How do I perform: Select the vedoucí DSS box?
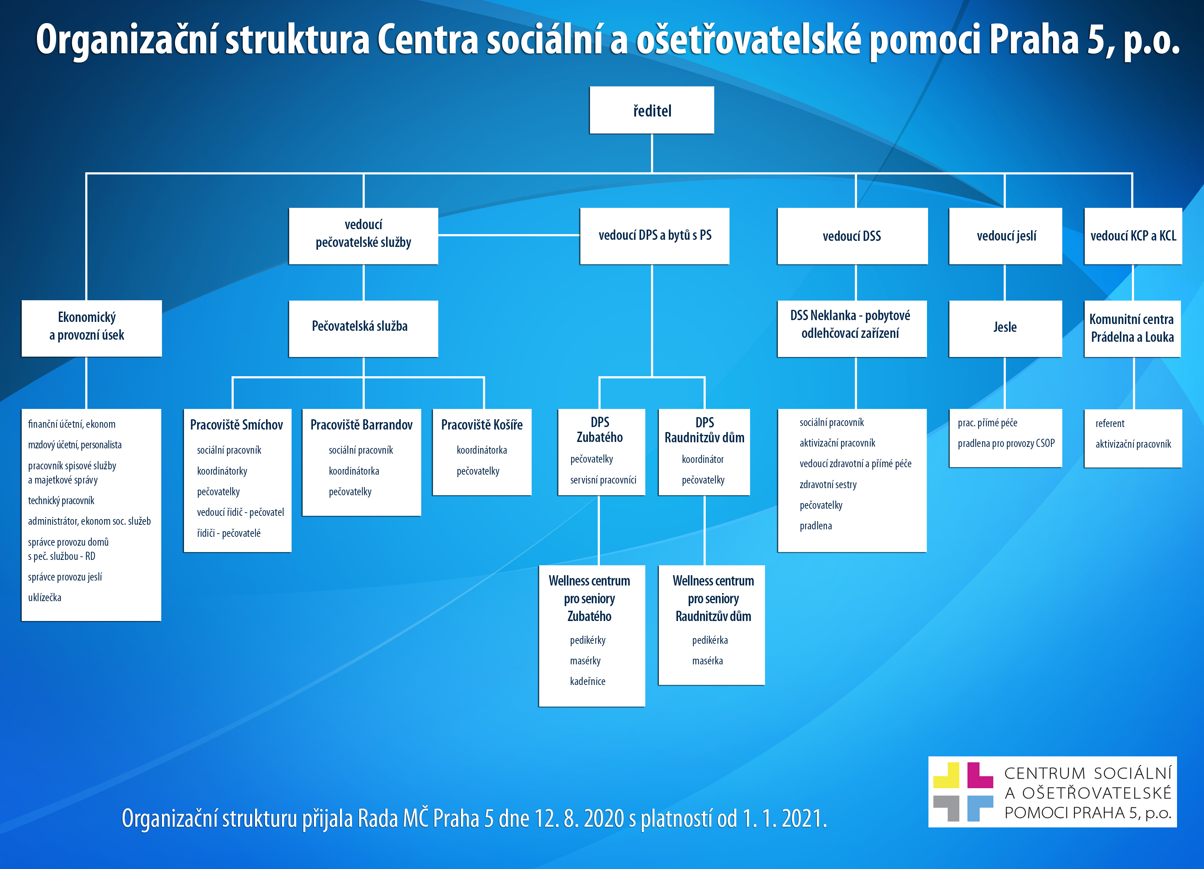pyautogui.click(x=852, y=236)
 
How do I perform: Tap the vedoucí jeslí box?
pyautogui.click(x=1005, y=236)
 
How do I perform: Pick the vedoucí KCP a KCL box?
pyautogui.click(x=1133, y=236)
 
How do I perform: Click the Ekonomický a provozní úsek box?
pyautogui.click(x=91, y=326)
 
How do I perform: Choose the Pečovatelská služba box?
pyautogui.click(x=363, y=326)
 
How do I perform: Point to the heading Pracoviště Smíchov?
pyautogui.click(x=237, y=425)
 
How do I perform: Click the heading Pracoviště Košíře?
pyautogui.click(x=482, y=425)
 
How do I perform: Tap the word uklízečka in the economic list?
pyautogui.click(x=45, y=598)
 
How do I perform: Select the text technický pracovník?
pyautogui.click(x=61, y=500)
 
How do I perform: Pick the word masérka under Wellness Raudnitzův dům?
pyautogui.click(x=707, y=661)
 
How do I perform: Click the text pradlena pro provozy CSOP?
pyautogui.click(x=1006, y=443)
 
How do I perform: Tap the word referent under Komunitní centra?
pyautogui.click(x=1110, y=423)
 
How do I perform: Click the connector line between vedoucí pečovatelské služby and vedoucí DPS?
pyautogui.click(x=509, y=235)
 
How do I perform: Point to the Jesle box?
pyautogui.click(x=1005, y=328)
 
